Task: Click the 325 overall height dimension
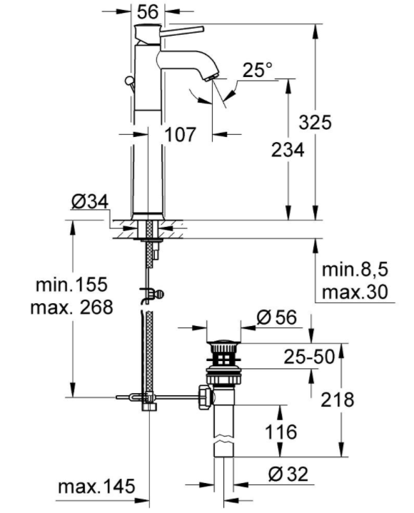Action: click(315, 123)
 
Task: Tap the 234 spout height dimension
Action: click(288, 150)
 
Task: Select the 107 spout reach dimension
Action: click(180, 134)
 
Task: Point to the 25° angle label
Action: click(258, 70)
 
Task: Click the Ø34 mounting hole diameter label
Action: click(90, 202)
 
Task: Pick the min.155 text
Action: click(71, 284)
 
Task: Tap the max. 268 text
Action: click(71, 308)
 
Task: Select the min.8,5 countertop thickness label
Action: click(355, 270)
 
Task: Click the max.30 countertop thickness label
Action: click(355, 292)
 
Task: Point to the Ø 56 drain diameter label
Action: click(277, 318)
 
